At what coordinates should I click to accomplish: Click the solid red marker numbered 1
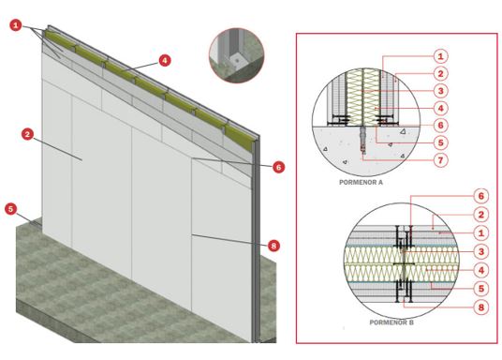15,24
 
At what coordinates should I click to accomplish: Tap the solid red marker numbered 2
27,134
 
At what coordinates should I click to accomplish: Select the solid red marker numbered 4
165,60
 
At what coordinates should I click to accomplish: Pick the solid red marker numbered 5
11,209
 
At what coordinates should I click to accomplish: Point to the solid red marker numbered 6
278,167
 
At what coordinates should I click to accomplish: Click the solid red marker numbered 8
273,246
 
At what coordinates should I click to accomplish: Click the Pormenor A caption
361,183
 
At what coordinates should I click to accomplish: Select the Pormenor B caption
391,322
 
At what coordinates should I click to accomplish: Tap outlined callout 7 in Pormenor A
440,159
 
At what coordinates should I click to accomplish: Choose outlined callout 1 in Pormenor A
440,56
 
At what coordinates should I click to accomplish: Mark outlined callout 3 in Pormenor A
440,91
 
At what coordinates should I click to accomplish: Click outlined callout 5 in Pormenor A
440,142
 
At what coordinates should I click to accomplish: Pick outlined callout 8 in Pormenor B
481,307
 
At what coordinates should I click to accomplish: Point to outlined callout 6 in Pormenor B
481,196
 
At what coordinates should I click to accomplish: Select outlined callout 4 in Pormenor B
481,270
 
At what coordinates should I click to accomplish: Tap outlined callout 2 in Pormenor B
481,215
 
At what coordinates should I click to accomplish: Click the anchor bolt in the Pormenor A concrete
362,140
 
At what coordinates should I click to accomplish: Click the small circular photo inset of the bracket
237,55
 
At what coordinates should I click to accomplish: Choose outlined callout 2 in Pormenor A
440,73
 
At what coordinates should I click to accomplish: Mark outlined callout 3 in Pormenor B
481,251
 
